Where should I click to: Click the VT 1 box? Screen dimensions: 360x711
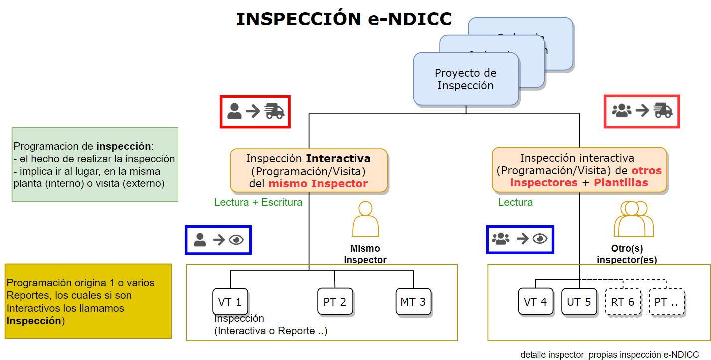(x=230, y=301)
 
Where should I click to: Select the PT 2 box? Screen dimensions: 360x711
(x=335, y=301)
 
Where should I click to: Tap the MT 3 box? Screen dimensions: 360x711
(x=413, y=301)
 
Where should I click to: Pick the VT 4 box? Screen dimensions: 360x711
(x=535, y=301)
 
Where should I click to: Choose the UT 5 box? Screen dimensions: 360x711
(x=579, y=301)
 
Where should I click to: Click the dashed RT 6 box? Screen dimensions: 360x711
(x=623, y=301)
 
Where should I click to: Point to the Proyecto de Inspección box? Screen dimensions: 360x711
(x=466, y=80)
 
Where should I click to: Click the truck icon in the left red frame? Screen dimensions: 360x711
(x=274, y=111)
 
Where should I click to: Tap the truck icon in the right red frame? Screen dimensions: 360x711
(x=663, y=110)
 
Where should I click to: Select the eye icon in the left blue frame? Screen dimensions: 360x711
(x=236, y=240)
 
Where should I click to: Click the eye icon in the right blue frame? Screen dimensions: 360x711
(x=540, y=239)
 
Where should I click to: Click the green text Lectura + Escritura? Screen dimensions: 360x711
(x=258, y=202)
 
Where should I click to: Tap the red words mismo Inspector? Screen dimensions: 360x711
(x=318, y=183)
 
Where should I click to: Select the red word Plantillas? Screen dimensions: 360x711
(x=621, y=182)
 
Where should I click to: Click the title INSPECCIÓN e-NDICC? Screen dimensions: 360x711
(x=344, y=19)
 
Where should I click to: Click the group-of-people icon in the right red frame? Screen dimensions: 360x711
(x=621, y=110)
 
